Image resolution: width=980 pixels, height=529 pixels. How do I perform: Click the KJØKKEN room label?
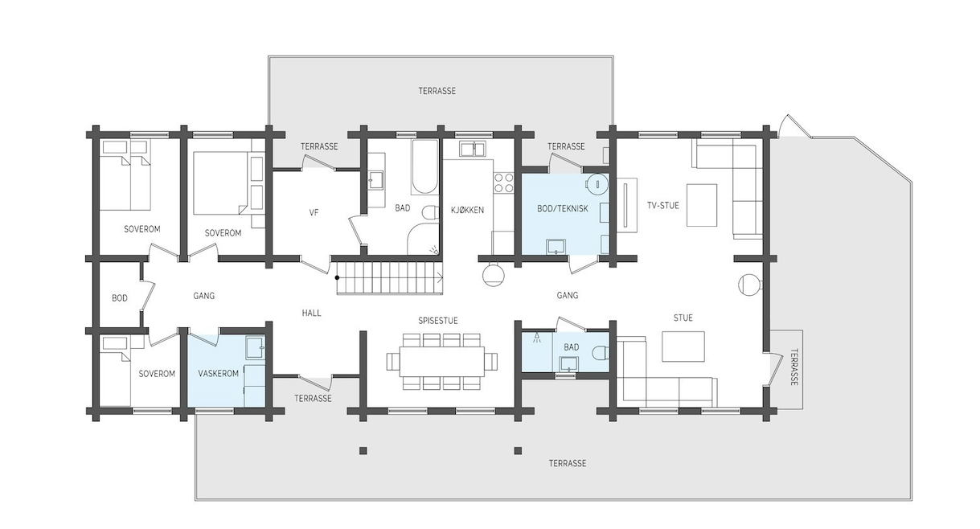coord(467,210)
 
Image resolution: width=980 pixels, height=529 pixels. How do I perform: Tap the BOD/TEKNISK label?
coord(563,208)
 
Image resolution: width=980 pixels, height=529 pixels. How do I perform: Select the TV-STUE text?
coord(663,205)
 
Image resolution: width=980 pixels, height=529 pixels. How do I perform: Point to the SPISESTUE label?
coord(437,320)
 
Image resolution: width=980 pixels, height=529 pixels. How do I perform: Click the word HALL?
coord(311,313)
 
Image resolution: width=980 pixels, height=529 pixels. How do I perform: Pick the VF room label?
coord(314,213)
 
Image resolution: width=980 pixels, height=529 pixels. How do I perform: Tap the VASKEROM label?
coord(218,374)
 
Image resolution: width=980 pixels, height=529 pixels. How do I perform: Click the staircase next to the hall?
coord(387,278)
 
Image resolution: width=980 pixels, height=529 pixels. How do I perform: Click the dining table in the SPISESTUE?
coord(441,361)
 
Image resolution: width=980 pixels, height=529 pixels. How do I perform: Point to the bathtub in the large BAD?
coord(424,167)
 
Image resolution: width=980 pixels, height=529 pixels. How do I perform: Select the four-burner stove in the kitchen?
coord(503,183)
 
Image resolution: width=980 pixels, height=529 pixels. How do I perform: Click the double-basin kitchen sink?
coord(473,149)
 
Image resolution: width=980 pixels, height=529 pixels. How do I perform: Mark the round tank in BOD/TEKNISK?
coord(597,184)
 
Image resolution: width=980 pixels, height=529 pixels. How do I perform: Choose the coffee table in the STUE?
coord(683,347)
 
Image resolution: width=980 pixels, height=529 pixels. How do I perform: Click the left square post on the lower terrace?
coord(363,450)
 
